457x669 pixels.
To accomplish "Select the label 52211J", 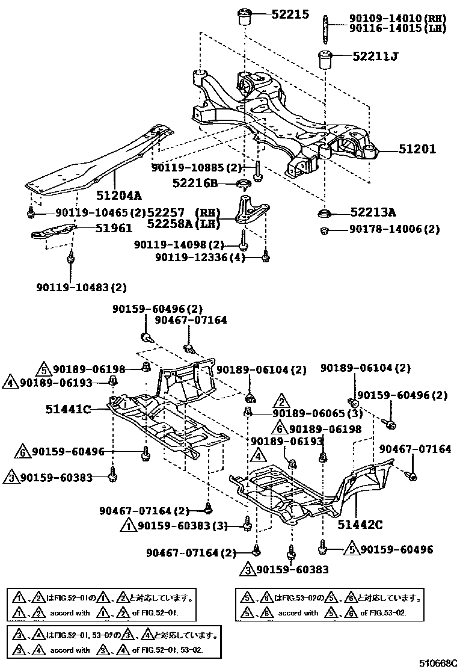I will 376,57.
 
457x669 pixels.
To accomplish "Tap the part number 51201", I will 415,149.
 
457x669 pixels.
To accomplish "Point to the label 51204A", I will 119,195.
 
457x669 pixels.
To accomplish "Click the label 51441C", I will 68,410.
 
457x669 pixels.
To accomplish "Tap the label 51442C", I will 360,525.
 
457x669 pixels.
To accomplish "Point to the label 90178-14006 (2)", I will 388,229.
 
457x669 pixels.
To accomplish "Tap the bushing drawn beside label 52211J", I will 325,60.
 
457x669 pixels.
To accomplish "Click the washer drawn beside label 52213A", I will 325,212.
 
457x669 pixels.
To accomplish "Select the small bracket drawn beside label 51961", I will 54,232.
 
